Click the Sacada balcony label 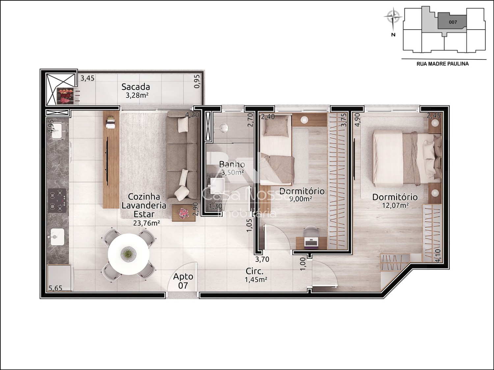coord(136,87)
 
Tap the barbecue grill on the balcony coord(65,96)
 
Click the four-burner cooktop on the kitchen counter coord(58,200)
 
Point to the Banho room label coord(232,165)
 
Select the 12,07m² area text coord(396,205)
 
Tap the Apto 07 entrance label coord(183,281)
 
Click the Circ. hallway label coord(255,271)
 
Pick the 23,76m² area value coord(147,223)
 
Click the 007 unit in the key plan coord(453,22)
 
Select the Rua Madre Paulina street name coord(443,64)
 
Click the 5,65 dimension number coord(56,288)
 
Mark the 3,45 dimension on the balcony coord(88,78)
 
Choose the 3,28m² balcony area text coord(137,95)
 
